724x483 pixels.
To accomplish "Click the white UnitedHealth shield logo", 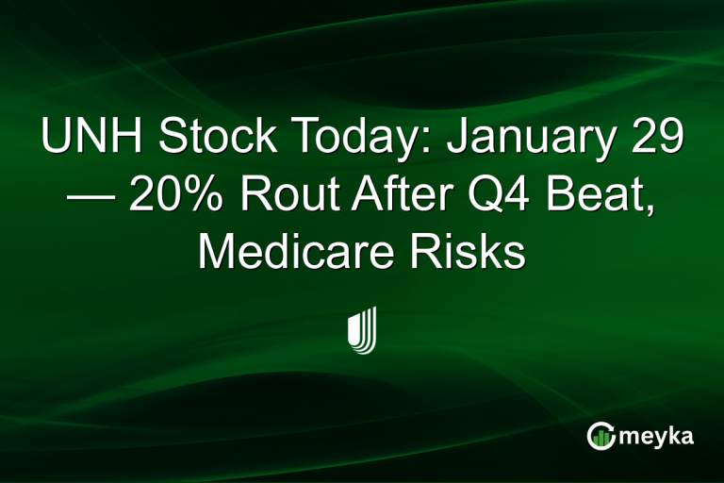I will (362, 329).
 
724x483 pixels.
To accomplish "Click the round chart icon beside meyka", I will (601, 436).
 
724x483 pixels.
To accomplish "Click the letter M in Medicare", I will (217, 254).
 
